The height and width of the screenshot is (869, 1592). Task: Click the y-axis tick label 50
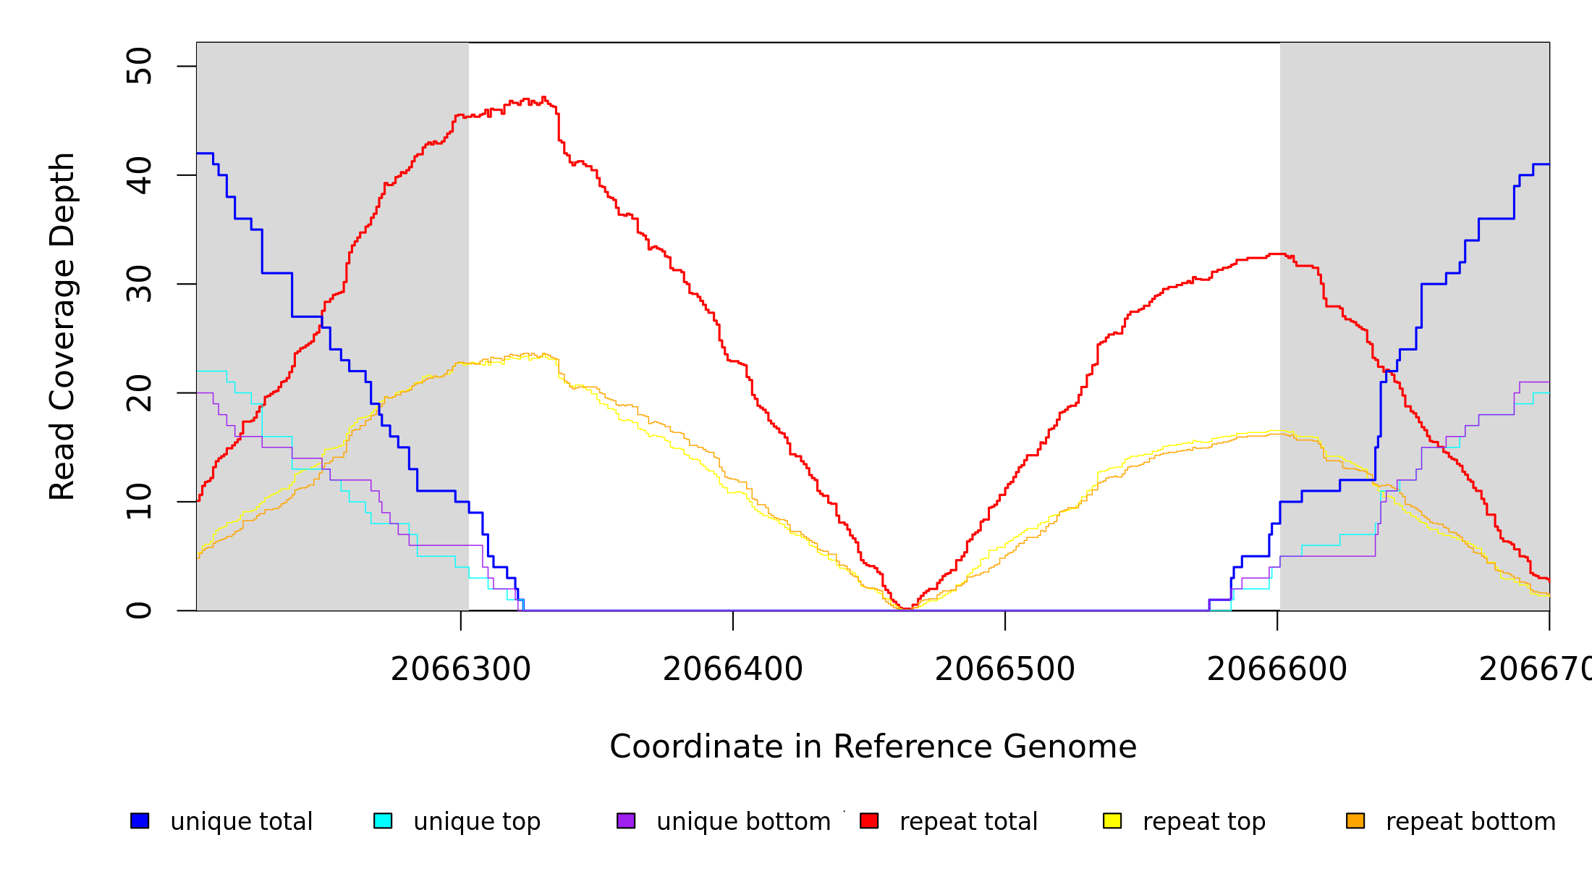(139, 67)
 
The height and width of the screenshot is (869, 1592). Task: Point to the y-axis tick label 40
(139, 175)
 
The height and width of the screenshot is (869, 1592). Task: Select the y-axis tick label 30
(139, 284)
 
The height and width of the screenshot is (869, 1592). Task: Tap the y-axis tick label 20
(139, 393)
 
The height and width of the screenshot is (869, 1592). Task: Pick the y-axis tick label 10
(139, 502)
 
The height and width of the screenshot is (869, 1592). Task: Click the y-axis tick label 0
(139, 610)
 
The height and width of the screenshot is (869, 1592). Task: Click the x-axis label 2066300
(461, 669)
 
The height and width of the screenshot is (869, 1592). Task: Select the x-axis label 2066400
(733, 669)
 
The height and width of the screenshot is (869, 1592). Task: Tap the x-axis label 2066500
(1005, 669)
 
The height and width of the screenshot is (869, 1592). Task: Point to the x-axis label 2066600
(1277, 669)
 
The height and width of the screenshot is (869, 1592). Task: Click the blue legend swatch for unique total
(140, 820)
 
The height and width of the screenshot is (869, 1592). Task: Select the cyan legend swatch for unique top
(383, 820)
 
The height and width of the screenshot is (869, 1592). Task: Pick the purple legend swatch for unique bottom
(626, 820)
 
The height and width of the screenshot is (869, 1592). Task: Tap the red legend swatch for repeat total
(869, 820)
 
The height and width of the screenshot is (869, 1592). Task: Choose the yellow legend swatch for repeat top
(1112, 820)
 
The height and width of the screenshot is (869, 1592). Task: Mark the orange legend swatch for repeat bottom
(1355, 820)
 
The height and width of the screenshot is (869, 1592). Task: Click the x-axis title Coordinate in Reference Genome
(873, 747)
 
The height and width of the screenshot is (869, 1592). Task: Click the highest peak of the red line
(543, 97)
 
